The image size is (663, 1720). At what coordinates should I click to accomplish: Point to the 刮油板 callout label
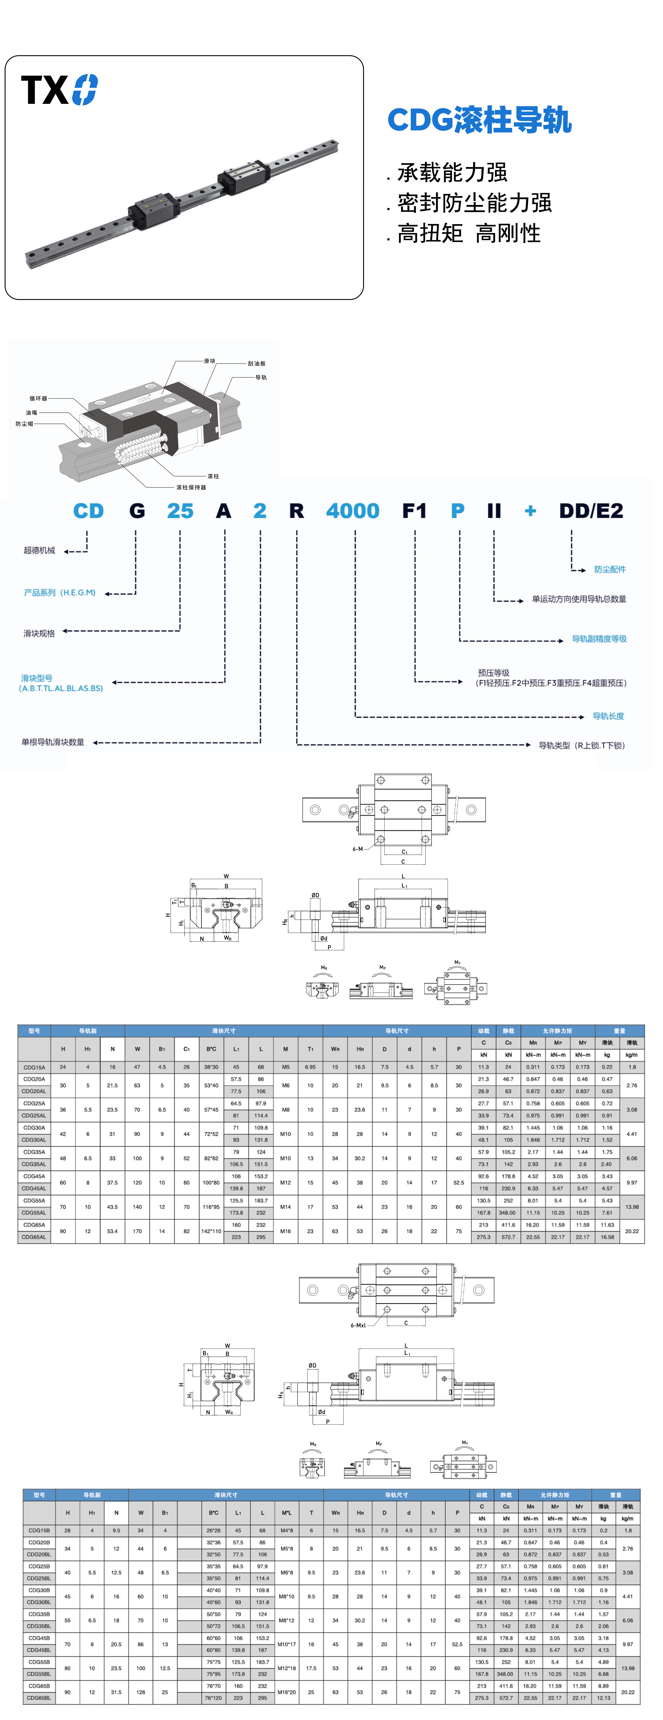click(257, 363)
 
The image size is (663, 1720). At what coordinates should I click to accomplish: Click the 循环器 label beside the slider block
click(38, 399)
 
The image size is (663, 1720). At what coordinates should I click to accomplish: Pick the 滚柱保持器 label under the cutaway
click(191, 487)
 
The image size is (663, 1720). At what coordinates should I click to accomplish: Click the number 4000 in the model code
click(352, 511)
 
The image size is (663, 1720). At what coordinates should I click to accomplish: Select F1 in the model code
click(414, 511)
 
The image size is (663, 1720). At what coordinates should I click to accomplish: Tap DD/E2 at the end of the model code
click(591, 511)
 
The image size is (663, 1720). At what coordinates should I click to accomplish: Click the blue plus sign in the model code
click(530, 511)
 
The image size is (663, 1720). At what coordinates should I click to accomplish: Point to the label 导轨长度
click(608, 716)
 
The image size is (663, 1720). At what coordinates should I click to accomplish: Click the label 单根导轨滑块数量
click(53, 742)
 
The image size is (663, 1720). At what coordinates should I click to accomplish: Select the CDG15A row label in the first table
click(34, 1067)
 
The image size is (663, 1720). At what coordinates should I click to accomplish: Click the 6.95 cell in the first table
click(310, 1067)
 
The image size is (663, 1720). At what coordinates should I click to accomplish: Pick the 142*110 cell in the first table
click(211, 1231)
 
